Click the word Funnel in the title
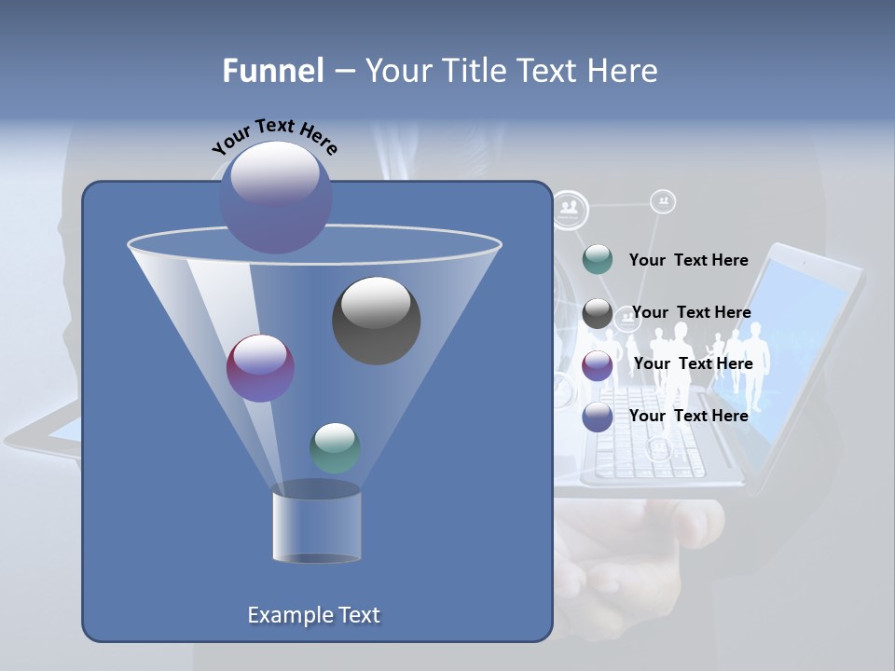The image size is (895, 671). (x=273, y=71)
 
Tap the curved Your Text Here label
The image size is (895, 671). (x=274, y=136)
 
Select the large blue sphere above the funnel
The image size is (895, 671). (x=275, y=197)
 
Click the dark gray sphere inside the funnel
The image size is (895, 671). (x=376, y=320)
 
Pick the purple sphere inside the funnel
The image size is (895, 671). (x=260, y=368)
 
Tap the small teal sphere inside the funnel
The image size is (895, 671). (x=335, y=447)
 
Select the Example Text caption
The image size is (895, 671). (x=313, y=615)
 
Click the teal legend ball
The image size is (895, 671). (x=597, y=260)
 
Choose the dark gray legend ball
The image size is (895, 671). (x=597, y=313)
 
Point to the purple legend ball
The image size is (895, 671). (x=597, y=365)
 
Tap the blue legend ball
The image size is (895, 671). (x=597, y=417)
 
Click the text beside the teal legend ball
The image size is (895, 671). (x=688, y=260)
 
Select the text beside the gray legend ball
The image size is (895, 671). (x=691, y=312)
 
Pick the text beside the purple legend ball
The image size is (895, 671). (x=693, y=363)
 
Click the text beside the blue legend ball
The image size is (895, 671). (x=688, y=416)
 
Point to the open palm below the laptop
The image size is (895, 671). (x=634, y=550)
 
